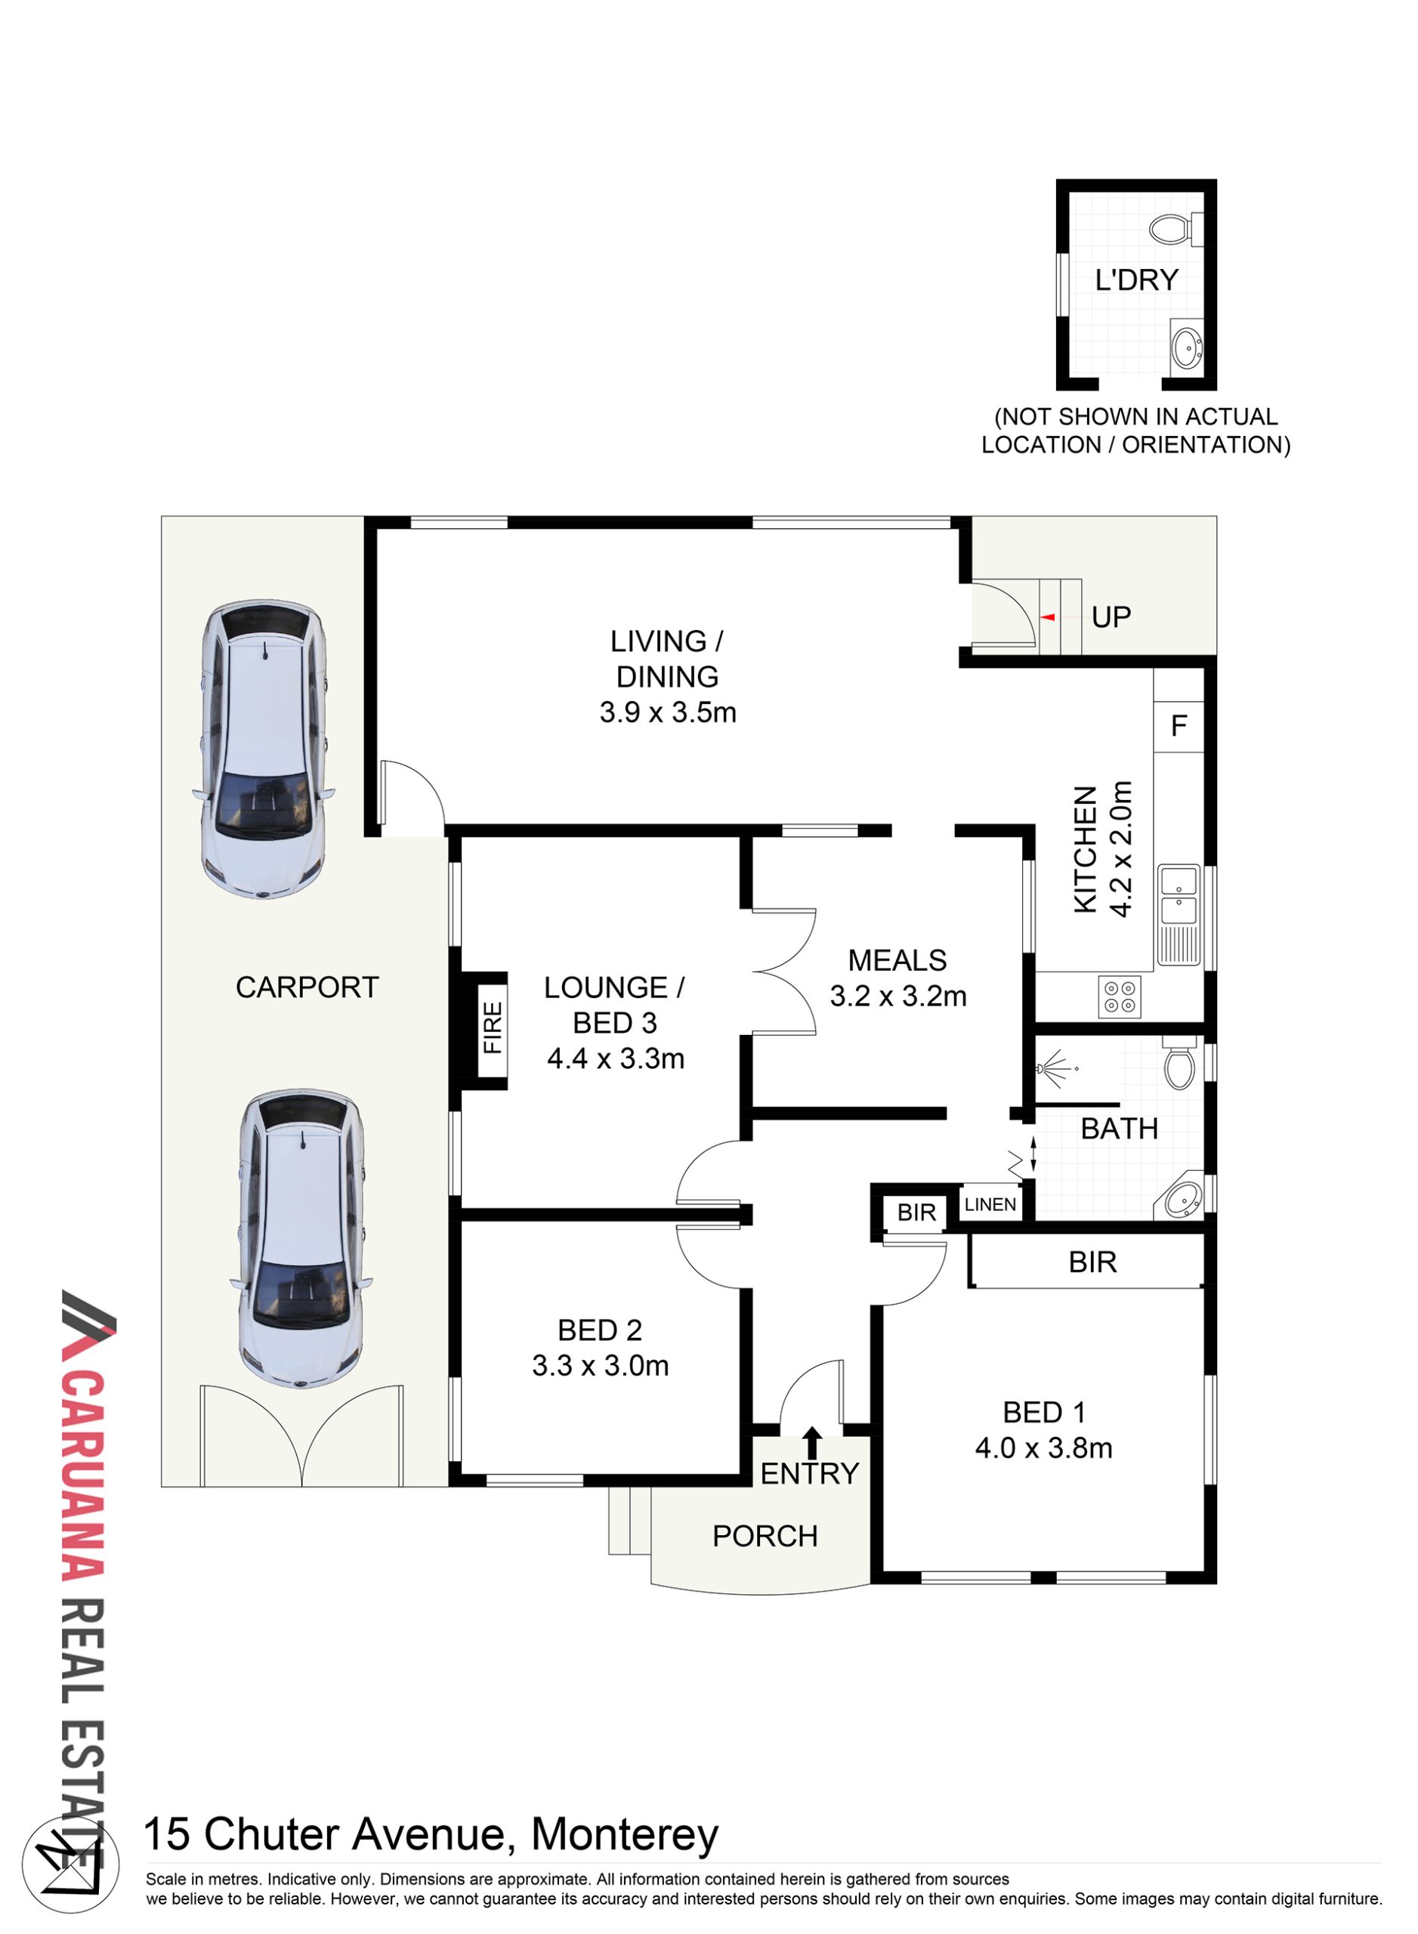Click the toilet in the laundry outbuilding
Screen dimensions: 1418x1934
(x=1176, y=229)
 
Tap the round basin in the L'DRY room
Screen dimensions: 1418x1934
(x=1187, y=348)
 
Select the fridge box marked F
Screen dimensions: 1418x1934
(x=1179, y=726)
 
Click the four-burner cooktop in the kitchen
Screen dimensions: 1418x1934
(x=1120, y=996)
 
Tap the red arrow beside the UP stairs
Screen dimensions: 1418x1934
(x=1047, y=617)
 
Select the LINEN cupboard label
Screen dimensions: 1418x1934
(x=990, y=1204)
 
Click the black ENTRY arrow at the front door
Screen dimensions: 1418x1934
(x=812, y=1443)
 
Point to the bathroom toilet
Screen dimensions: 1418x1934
(x=1180, y=1064)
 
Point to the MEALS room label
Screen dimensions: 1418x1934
(x=897, y=959)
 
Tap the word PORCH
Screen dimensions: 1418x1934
(x=765, y=1536)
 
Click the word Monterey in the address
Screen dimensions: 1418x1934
(x=625, y=1834)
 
